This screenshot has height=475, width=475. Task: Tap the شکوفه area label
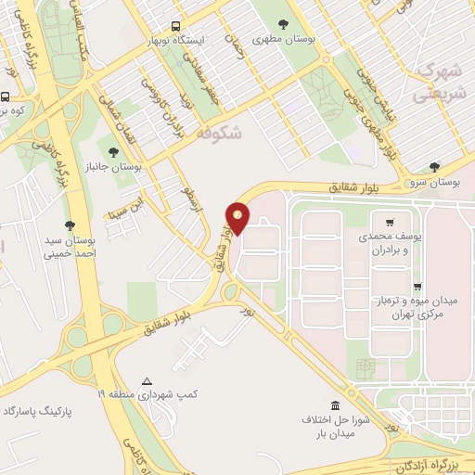pyautogui.click(x=219, y=134)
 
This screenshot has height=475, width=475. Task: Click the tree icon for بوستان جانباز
pyautogui.click(x=112, y=151)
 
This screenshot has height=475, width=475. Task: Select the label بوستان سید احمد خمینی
pyautogui.click(x=71, y=249)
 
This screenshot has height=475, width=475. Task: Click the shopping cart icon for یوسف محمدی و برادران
pyautogui.click(x=390, y=223)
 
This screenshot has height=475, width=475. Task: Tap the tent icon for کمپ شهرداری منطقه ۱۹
pyautogui.click(x=147, y=381)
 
